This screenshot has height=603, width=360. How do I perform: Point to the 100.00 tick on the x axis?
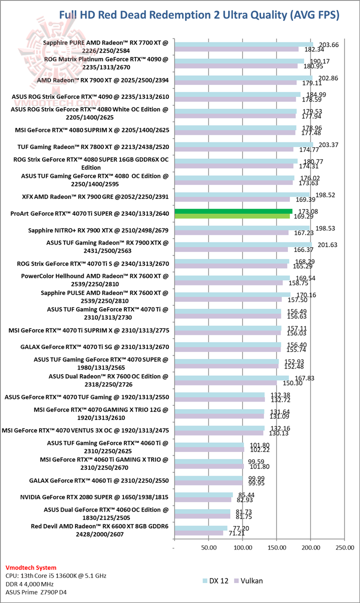pyautogui.click(x=242, y=547)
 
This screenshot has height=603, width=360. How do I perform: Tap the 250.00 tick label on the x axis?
pyautogui.click(x=344, y=547)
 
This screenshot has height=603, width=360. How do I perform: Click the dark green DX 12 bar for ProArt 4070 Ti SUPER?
pyautogui.click(x=233, y=211)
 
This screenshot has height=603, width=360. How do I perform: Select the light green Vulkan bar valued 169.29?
pyautogui.click(x=232, y=216)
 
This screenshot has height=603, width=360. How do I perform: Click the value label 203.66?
pyautogui.click(x=328, y=44)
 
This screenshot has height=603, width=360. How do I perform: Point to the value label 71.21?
pyautogui.click(x=236, y=533)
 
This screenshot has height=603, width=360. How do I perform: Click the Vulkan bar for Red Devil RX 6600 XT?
pyautogui.click(x=199, y=533)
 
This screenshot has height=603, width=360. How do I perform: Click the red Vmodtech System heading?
pyautogui.click(x=30, y=568)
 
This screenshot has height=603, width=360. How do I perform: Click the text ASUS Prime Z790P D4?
pyautogui.click(x=36, y=592)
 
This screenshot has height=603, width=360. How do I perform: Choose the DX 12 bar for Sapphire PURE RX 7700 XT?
pyautogui.click(x=243, y=44)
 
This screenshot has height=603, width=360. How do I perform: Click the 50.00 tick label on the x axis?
pyautogui.click(x=208, y=547)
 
